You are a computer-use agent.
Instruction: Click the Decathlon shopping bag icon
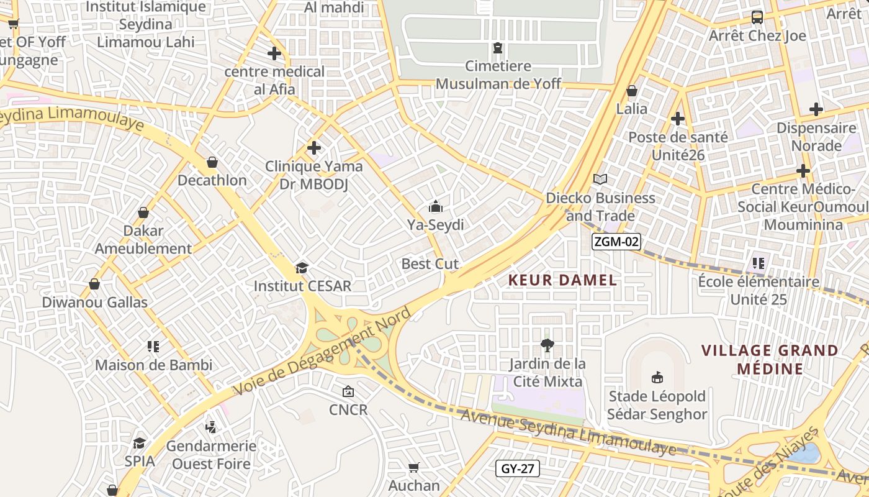(212, 162)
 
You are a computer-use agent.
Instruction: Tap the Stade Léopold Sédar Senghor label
(657, 405)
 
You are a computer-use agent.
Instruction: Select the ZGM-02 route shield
(615, 242)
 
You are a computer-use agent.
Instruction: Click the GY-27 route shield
(517, 468)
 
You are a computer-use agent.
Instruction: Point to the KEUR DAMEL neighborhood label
(562, 280)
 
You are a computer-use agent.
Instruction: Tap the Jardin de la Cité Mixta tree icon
(547, 345)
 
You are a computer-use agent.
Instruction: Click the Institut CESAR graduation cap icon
(302, 268)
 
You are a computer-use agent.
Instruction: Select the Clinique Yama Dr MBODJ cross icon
(314, 148)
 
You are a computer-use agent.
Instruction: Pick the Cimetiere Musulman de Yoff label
(498, 75)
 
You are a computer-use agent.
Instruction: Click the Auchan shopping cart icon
(413, 467)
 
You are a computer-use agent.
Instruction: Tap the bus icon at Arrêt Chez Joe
(757, 17)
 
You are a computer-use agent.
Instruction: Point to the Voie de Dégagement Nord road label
(322, 351)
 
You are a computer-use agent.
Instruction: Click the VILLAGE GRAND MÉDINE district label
(770, 360)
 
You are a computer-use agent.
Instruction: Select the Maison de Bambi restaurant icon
(153, 346)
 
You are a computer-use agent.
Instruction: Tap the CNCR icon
(348, 391)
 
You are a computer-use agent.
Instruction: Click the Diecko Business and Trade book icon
(600, 180)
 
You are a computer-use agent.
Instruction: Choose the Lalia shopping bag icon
(632, 91)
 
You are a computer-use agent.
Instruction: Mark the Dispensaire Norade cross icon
(816, 110)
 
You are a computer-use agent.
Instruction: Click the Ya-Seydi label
(435, 225)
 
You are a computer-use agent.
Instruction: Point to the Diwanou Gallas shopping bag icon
(94, 284)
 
